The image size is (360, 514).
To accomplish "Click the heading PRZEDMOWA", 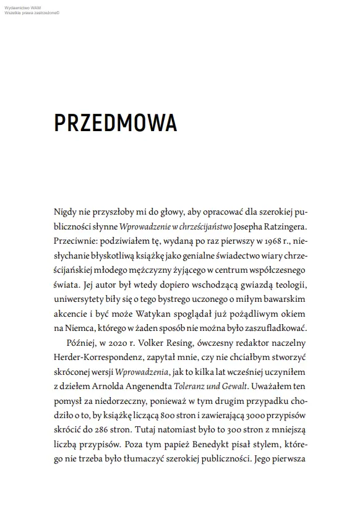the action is coord(115,123).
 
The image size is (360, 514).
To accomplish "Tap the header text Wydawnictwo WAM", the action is coord(19,6).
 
